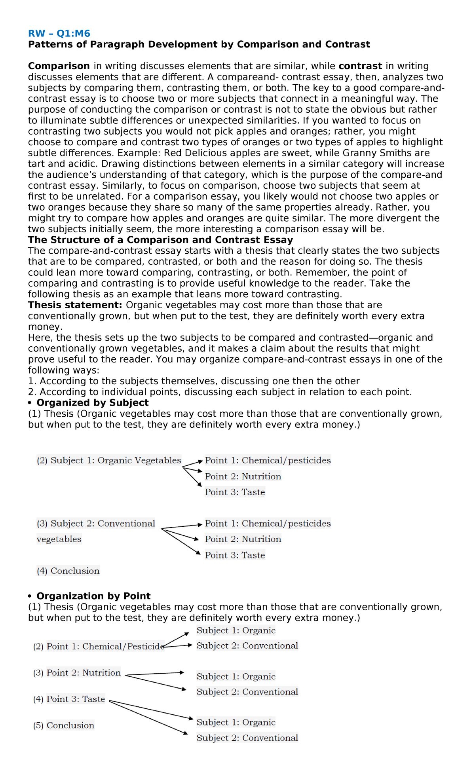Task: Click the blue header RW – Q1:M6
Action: point(59,33)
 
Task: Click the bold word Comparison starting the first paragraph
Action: point(59,66)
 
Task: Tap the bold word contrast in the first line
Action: point(360,66)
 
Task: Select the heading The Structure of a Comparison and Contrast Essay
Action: point(160,240)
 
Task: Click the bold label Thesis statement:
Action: point(75,305)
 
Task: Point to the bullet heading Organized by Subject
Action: point(92,403)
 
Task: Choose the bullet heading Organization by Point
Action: point(93,596)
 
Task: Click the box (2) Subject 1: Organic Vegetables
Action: point(109,460)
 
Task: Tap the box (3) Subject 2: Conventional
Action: point(96,524)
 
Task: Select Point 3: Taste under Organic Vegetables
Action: point(235,492)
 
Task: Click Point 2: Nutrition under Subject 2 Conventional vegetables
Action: point(243,539)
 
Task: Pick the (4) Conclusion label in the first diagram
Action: point(68,571)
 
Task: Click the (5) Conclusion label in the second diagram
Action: point(64,725)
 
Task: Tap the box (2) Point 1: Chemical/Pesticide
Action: point(99,646)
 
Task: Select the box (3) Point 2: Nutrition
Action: point(77,673)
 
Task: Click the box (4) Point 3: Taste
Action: point(69,699)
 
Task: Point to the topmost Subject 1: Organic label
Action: point(236,630)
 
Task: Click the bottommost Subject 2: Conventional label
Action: point(247,738)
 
